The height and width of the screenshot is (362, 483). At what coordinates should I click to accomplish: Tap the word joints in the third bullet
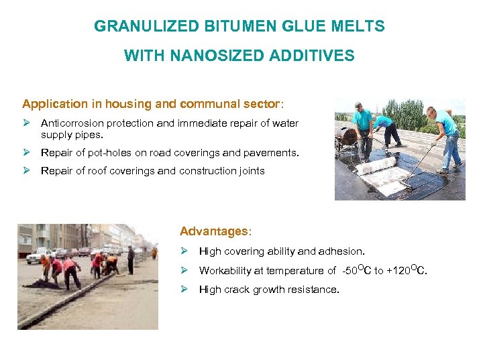250,171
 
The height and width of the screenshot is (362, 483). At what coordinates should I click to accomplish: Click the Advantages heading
214,231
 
